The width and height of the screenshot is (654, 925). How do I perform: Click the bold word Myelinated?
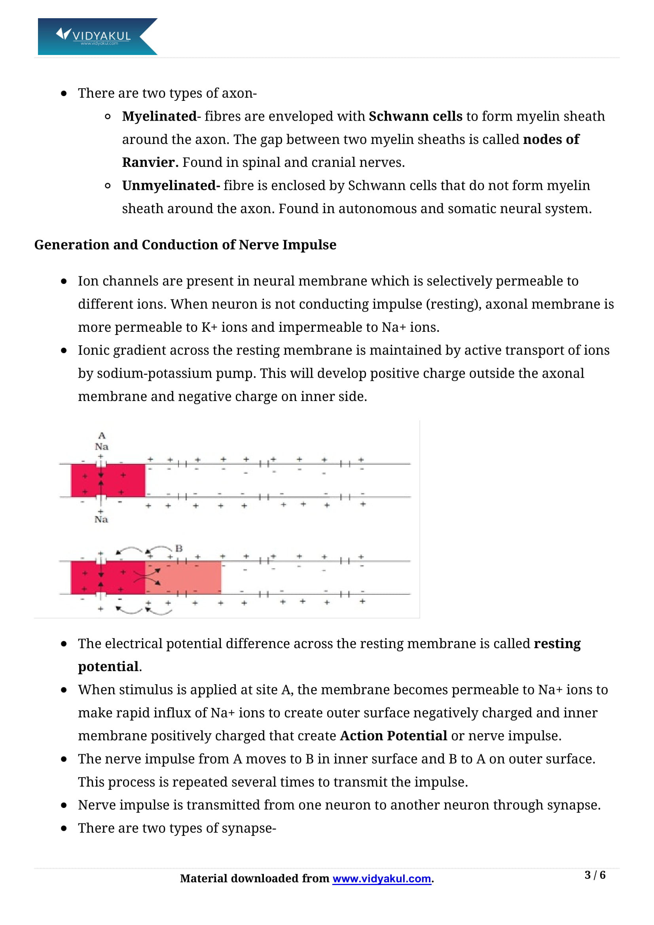coord(159,116)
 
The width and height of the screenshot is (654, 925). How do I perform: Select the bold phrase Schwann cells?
coord(415,116)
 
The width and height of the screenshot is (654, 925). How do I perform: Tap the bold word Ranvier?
coord(150,163)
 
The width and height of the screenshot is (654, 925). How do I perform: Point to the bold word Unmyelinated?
coord(171,186)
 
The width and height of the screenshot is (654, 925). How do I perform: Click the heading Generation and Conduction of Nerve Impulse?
coord(185,245)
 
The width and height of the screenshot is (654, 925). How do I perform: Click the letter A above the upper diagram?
coord(102,435)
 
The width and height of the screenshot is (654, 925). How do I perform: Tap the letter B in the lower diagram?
coord(179,548)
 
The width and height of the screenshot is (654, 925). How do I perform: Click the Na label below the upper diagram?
coord(101,520)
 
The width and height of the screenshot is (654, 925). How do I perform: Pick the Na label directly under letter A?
coord(102,446)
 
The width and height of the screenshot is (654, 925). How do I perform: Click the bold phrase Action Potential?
coord(393,736)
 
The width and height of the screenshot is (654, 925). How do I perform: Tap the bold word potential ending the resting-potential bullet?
coord(108,667)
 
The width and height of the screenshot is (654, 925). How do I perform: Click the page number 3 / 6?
coord(595,875)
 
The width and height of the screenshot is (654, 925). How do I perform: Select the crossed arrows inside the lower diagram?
coord(147,577)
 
